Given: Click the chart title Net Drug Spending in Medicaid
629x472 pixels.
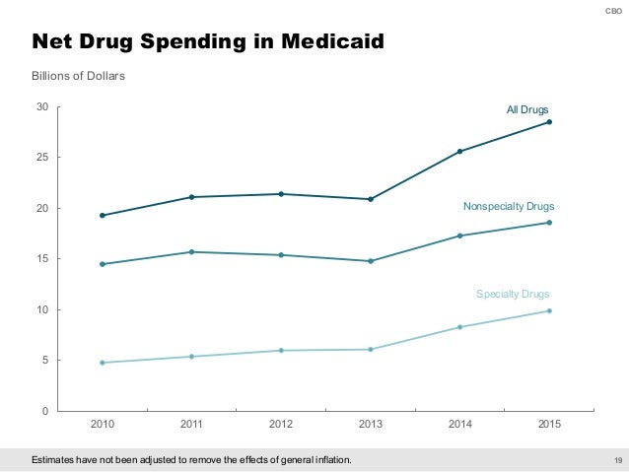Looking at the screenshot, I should click(208, 41).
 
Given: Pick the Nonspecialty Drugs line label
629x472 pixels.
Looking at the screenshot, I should click(509, 207).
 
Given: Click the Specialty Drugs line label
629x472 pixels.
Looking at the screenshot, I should click(513, 294).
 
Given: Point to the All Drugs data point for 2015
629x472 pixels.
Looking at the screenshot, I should click(549, 122).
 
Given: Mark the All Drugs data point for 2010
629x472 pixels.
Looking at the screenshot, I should click(103, 215).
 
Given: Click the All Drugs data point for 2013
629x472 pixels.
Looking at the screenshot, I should click(371, 199).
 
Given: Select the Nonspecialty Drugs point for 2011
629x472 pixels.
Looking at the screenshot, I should click(192, 252).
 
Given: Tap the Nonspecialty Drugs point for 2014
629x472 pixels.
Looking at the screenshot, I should click(459, 236).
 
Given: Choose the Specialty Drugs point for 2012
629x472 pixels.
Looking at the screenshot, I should click(281, 351).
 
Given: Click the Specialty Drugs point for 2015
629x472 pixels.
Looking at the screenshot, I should click(549, 311).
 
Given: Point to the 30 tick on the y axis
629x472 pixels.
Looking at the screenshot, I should click(42, 106).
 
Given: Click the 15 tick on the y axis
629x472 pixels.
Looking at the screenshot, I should click(42, 259).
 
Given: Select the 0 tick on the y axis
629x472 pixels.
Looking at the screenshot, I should click(45, 411).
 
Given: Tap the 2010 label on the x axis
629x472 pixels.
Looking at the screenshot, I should click(103, 425).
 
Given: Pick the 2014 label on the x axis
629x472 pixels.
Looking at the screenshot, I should click(459, 425).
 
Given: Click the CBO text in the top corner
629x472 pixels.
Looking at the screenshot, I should click(612, 11).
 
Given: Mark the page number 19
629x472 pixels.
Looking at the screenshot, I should click(618, 460).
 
